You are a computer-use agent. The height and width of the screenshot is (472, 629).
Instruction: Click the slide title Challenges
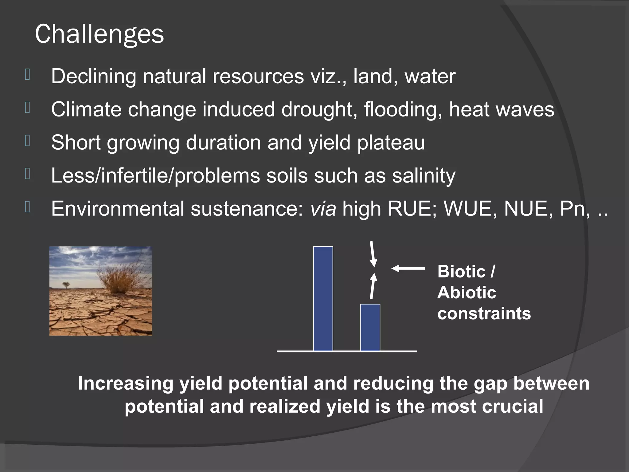click(99, 34)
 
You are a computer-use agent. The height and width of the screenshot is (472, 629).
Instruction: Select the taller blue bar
click(323, 298)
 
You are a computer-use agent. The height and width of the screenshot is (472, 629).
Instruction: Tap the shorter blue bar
click(370, 327)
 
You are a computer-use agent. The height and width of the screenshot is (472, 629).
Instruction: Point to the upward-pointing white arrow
click(373, 286)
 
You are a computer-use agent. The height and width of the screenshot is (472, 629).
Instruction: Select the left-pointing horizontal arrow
click(408, 268)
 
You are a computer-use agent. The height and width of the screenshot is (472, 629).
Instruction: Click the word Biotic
click(462, 272)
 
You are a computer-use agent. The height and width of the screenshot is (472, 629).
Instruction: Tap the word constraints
click(484, 313)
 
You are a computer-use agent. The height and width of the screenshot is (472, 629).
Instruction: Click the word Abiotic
click(466, 293)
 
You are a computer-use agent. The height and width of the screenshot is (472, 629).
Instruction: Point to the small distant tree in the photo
click(66, 285)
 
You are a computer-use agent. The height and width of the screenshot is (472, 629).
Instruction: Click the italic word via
click(323, 209)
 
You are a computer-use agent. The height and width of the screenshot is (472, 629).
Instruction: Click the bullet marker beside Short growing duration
click(27, 141)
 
